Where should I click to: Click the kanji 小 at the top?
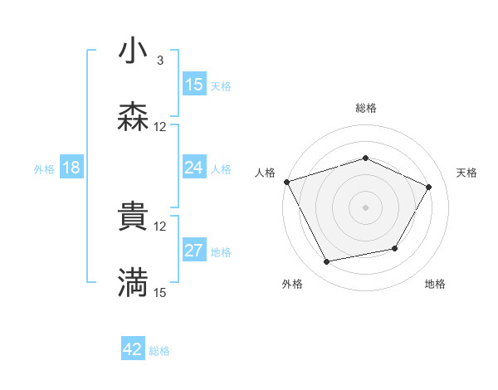pyautogui.click(x=133, y=52)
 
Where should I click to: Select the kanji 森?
pyautogui.click(x=133, y=118)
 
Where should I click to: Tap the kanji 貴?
pyautogui.click(x=133, y=217)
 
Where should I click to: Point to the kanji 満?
pyautogui.click(x=133, y=283)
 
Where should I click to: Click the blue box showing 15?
pyautogui.click(x=194, y=85)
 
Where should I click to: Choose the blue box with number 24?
pyautogui.click(x=194, y=168)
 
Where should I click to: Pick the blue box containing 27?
pyautogui.click(x=194, y=251)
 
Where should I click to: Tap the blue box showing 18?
pyautogui.click(x=71, y=168)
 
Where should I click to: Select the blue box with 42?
pyautogui.click(x=133, y=349)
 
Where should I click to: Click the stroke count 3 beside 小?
pyautogui.click(x=160, y=61)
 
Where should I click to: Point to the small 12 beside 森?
pyautogui.click(x=160, y=127)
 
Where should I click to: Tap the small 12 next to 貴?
pyautogui.click(x=160, y=226)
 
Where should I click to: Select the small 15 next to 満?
pyautogui.click(x=160, y=292)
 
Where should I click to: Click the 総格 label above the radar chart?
pyautogui.click(x=366, y=108)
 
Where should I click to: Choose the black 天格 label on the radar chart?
pyautogui.click(x=467, y=173)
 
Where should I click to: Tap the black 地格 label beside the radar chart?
pyautogui.click(x=435, y=284)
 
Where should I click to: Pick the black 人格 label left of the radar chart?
pyautogui.click(x=265, y=173)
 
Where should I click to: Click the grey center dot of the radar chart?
pyautogui.click(x=366, y=207)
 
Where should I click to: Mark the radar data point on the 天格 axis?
pyautogui.click(x=429, y=187)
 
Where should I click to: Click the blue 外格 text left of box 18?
pyautogui.click(x=44, y=168)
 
